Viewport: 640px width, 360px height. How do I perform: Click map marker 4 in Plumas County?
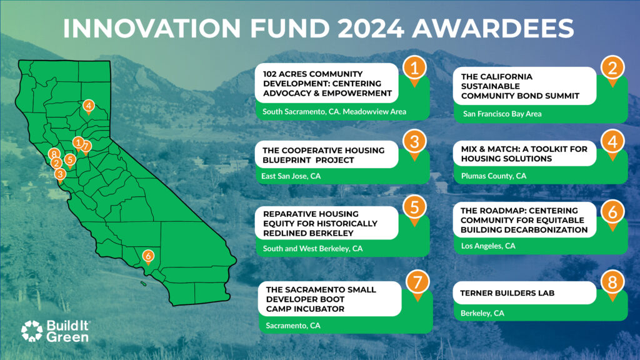[x=89, y=106]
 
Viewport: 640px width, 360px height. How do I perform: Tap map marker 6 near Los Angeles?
[x=148, y=255]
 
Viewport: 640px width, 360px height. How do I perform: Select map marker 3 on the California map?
[x=60, y=174]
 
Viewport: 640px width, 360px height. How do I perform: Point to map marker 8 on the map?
[x=55, y=154]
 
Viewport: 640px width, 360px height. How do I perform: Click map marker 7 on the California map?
[x=86, y=146]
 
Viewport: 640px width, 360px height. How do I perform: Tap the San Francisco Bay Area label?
[x=502, y=114]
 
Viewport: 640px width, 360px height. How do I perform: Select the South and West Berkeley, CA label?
[x=313, y=248]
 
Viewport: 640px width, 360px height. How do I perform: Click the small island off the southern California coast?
[x=143, y=284]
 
